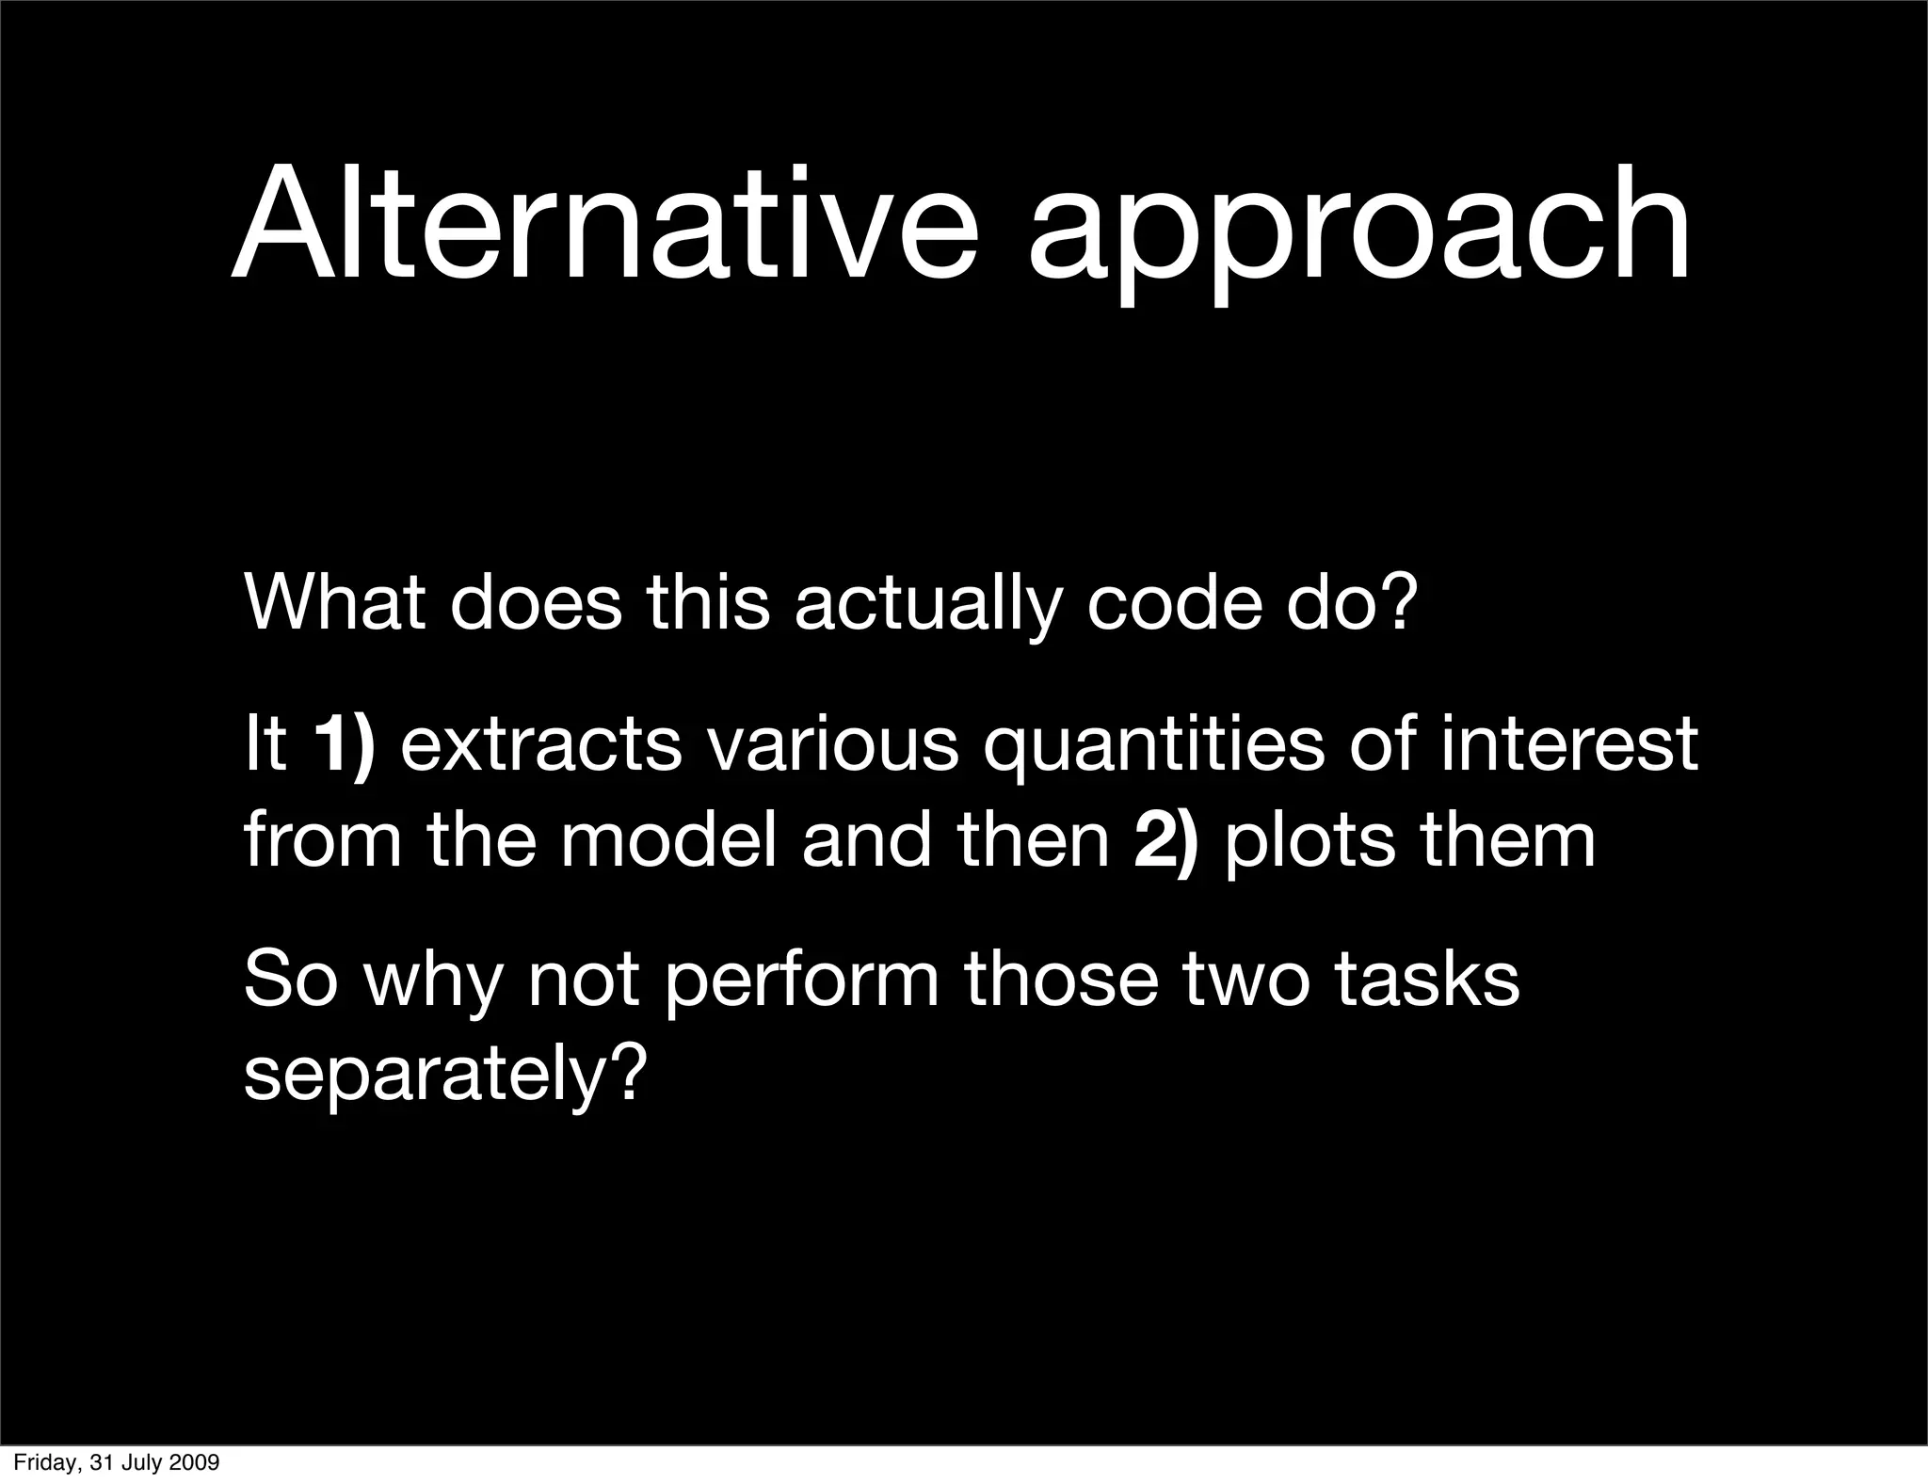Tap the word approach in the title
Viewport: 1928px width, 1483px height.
1359,235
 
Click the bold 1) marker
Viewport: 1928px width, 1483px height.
345,744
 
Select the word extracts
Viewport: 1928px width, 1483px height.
541,744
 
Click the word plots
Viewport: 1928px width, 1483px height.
1309,842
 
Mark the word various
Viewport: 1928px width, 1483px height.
832,744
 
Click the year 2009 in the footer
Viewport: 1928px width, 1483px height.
195,1462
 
